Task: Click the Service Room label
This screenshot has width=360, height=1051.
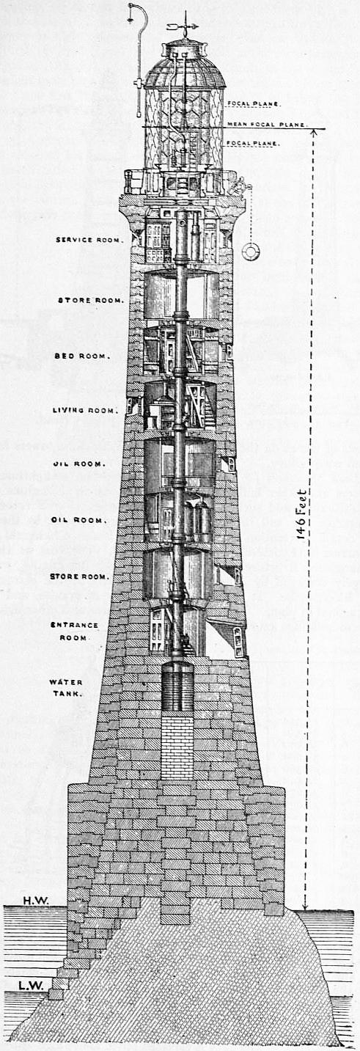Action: [x=89, y=240]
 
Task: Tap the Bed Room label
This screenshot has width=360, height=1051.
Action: [x=83, y=356]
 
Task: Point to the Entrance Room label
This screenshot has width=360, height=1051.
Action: [x=74, y=631]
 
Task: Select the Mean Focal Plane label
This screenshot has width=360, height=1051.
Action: [x=267, y=125]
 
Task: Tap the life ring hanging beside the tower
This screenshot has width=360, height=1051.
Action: [x=251, y=251]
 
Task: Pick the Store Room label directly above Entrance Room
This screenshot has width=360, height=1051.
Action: [x=80, y=576]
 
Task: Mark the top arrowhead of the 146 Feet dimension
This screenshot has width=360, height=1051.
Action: [x=314, y=132]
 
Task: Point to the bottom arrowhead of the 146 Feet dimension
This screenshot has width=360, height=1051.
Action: [x=306, y=907]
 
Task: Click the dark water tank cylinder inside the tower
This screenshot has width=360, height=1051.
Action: [x=177, y=688]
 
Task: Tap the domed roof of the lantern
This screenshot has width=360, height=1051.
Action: [x=185, y=73]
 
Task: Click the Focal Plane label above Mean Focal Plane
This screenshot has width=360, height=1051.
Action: [x=254, y=103]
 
